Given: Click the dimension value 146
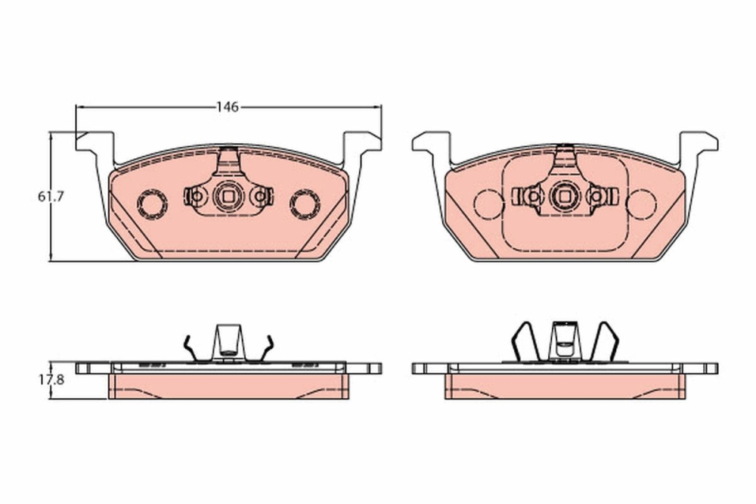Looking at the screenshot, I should pyautogui.click(x=227, y=107).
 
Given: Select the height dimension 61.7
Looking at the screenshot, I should pyautogui.click(x=51, y=197).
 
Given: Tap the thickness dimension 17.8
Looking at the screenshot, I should pyautogui.click(x=51, y=381).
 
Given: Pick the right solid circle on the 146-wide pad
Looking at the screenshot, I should pyautogui.click(x=305, y=202).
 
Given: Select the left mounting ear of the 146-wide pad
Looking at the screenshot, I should pyautogui.click(x=94, y=142).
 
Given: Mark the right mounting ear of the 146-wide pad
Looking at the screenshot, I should pyautogui.click(x=361, y=142).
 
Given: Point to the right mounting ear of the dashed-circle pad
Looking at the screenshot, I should pyautogui.click(x=698, y=142).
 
